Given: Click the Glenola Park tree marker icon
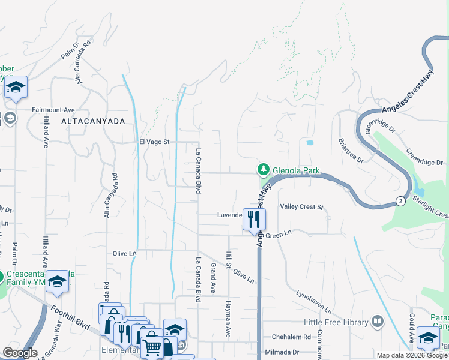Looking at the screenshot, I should pos(263,170).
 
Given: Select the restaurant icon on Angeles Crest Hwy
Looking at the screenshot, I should pos(254,219).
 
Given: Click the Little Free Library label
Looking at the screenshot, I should pos(336,322).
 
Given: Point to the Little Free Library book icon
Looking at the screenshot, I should pos(377,322).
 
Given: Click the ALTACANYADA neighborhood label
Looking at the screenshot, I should pos(93,121).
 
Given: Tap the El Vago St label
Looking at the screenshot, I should pos(155,142).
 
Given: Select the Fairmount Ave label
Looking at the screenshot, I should pos(53,110).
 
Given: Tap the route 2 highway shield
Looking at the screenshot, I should pos(400,201).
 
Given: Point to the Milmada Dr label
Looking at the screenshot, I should pos(286,352).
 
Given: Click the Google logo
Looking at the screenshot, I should pos(20,353).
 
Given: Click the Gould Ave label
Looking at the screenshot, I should pos(412,326).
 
